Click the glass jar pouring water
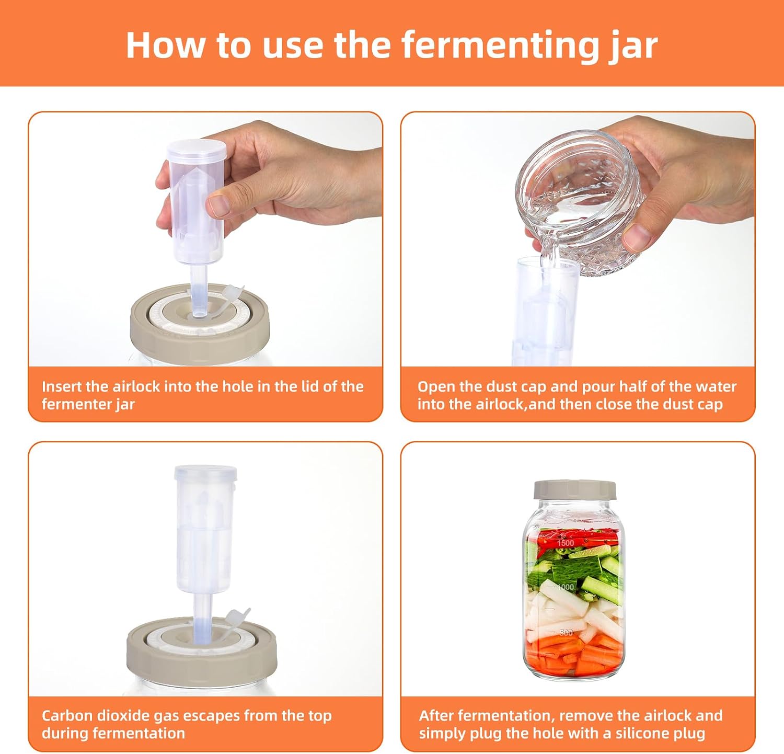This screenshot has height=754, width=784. pyautogui.click(x=575, y=199)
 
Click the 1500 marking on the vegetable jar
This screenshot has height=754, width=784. pyautogui.click(x=566, y=543)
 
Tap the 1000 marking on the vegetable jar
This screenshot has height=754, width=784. pyautogui.click(x=566, y=587)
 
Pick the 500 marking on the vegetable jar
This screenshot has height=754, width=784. pyautogui.click(x=566, y=633)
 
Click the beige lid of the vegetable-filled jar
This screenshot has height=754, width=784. pyautogui.click(x=575, y=490)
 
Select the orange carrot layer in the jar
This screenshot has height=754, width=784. pyautogui.click(x=574, y=654)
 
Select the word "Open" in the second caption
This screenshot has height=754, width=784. pyautogui.click(x=434, y=387)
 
